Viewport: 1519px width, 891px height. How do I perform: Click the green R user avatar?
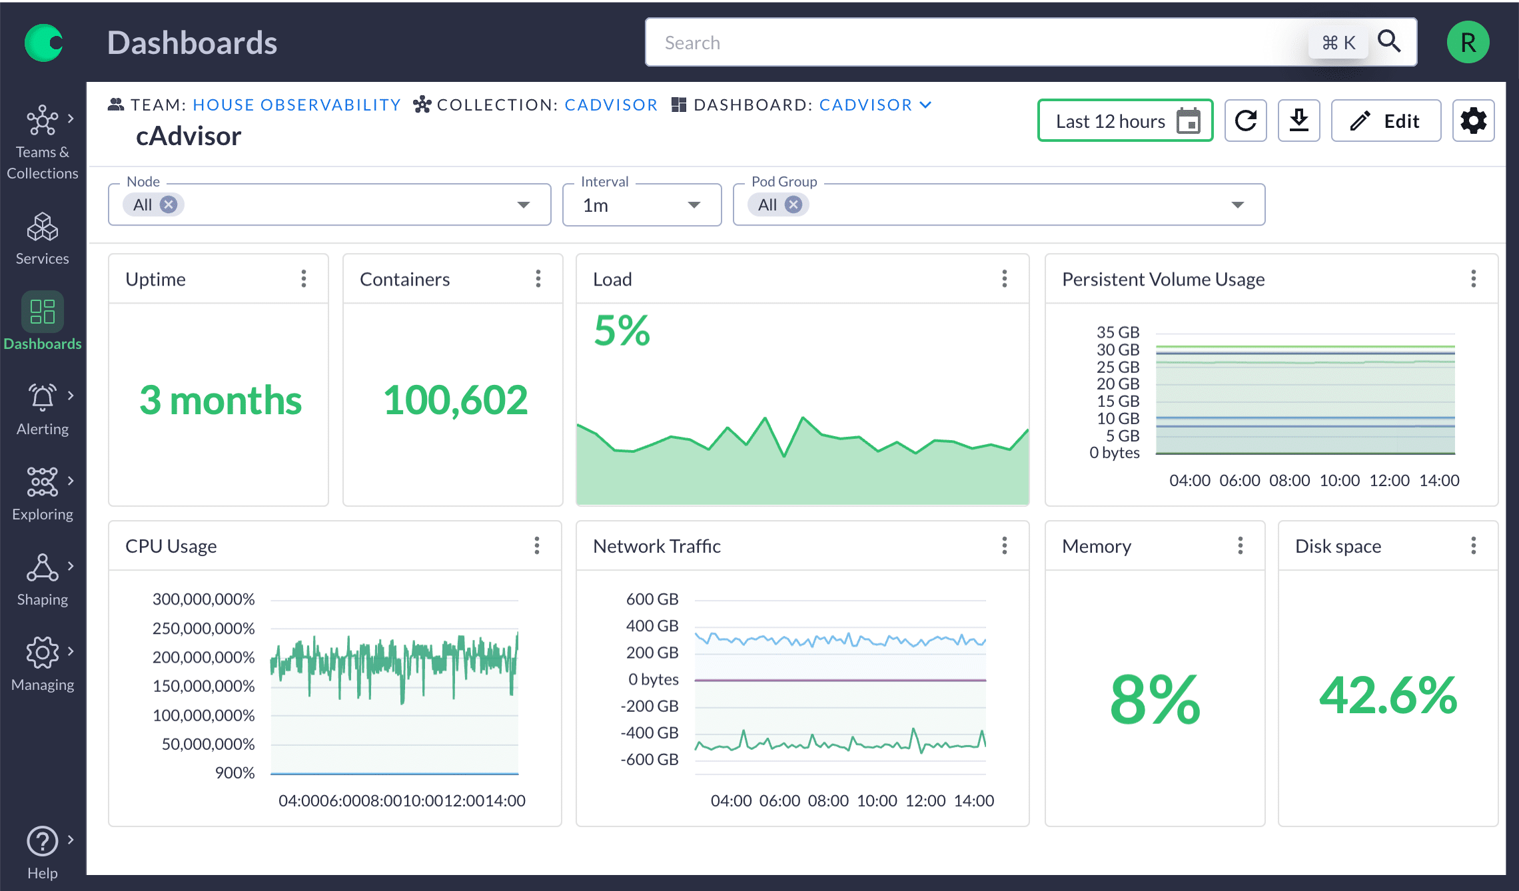[x=1468, y=43]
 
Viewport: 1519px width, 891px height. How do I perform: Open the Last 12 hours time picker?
[x=1125, y=121]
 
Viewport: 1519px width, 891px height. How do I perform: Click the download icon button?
[x=1298, y=121]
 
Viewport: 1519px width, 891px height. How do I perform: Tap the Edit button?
[x=1386, y=121]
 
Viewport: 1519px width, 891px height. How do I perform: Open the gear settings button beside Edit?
[x=1473, y=121]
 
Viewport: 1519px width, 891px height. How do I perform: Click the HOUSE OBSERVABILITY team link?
[x=296, y=105]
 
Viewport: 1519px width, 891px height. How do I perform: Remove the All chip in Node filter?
[x=169, y=204]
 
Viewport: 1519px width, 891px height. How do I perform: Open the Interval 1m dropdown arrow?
[x=694, y=205]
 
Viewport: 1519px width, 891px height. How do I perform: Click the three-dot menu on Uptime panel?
[x=304, y=279]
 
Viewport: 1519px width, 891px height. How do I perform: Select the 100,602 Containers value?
[x=455, y=400]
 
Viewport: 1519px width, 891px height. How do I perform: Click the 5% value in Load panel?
[x=622, y=330]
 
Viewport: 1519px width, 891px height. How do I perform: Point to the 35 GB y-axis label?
[x=1117, y=332]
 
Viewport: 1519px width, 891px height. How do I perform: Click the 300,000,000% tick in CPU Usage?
[x=203, y=599]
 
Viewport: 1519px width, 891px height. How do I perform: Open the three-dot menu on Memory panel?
[x=1240, y=546]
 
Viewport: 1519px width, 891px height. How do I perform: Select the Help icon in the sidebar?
[x=43, y=842]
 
